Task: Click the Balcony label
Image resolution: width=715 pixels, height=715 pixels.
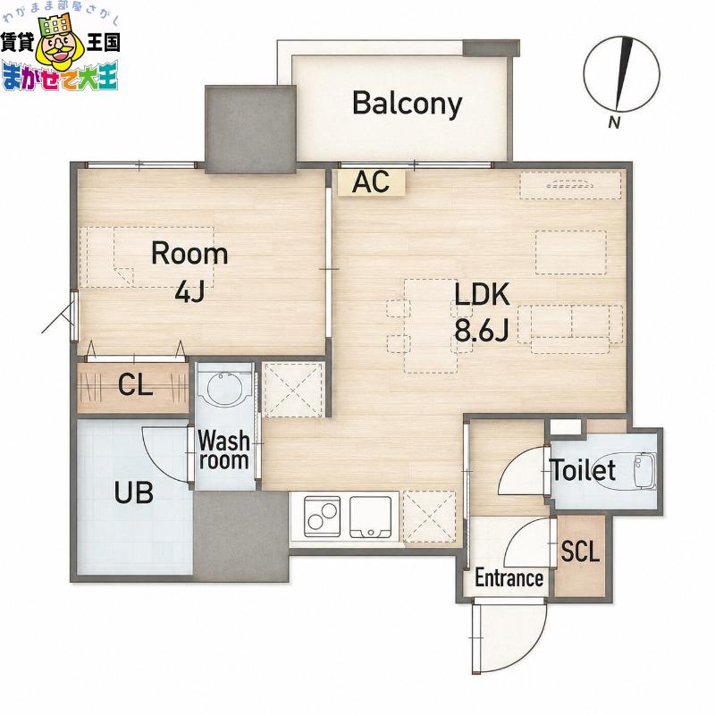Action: pyautogui.click(x=408, y=104)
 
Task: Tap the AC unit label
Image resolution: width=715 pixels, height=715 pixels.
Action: pyautogui.click(x=371, y=182)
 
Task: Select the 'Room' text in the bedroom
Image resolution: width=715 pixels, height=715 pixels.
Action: pyautogui.click(x=189, y=254)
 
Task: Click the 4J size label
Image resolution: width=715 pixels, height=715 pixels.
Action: pyautogui.click(x=189, y=291)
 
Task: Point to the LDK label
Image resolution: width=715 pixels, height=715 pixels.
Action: pyautogui.click(x=482, y=294)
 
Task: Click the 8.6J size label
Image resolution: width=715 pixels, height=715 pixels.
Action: pyautogui.click(x=482, y=331)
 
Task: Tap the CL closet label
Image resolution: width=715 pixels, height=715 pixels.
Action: pyautogui.click(x=135, y=385)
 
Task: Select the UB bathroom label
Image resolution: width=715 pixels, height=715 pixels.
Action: pyautogui.click(x=133, y=492)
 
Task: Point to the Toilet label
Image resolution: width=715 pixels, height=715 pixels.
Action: pyautogui.click(x=584, y=470)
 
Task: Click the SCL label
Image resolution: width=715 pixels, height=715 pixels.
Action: pyautogui.click(x=580, y=551)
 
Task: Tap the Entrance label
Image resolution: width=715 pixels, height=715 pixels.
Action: pyautogui.click(x=509, y=578)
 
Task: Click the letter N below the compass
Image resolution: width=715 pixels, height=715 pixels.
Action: pyautogui.click(x=614, y=122)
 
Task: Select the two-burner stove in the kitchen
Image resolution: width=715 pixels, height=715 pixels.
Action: pyautogui.click(x=323, y=516)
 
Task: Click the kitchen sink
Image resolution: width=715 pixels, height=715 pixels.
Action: pyautogui.click(x=370, y=517)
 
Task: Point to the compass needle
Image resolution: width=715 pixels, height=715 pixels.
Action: pyautogui.click(x=624, y=74)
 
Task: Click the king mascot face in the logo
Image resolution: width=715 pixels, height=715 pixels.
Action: pyautogui.click(x=58, y=46)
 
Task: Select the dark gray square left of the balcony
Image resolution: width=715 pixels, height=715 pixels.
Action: pyautogui.click(x=250, y=130)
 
